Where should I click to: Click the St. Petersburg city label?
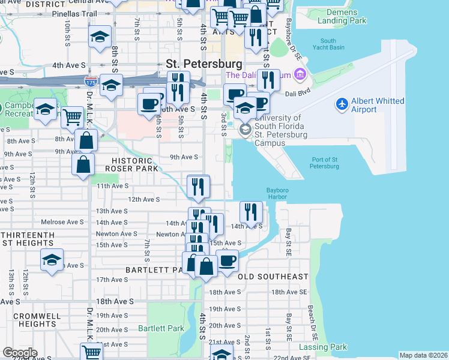pyautogui.click(x=203, y=64)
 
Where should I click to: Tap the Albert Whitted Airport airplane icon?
pyautogui.click(x=342, y=104)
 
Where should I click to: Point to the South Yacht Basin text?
pyautogui.click(x=328, y=44)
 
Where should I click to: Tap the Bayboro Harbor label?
pyautogui.click(x=277, y=194)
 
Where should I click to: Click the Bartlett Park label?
pyautogui.click(x=161, y=328)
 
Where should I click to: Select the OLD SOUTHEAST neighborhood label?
pyautogui.click(x=273, y=277)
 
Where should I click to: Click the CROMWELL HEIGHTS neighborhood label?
pyautogui.click(x=29, y=319)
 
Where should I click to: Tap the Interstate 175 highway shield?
pyautogui.click(x=91, y=79)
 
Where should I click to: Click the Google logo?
pyautogui.click(x=20, y=353)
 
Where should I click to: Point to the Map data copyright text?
pyautogui.click(x=423, y=355)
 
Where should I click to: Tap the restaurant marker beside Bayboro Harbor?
pyautogui.click(x=251, y=212)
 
